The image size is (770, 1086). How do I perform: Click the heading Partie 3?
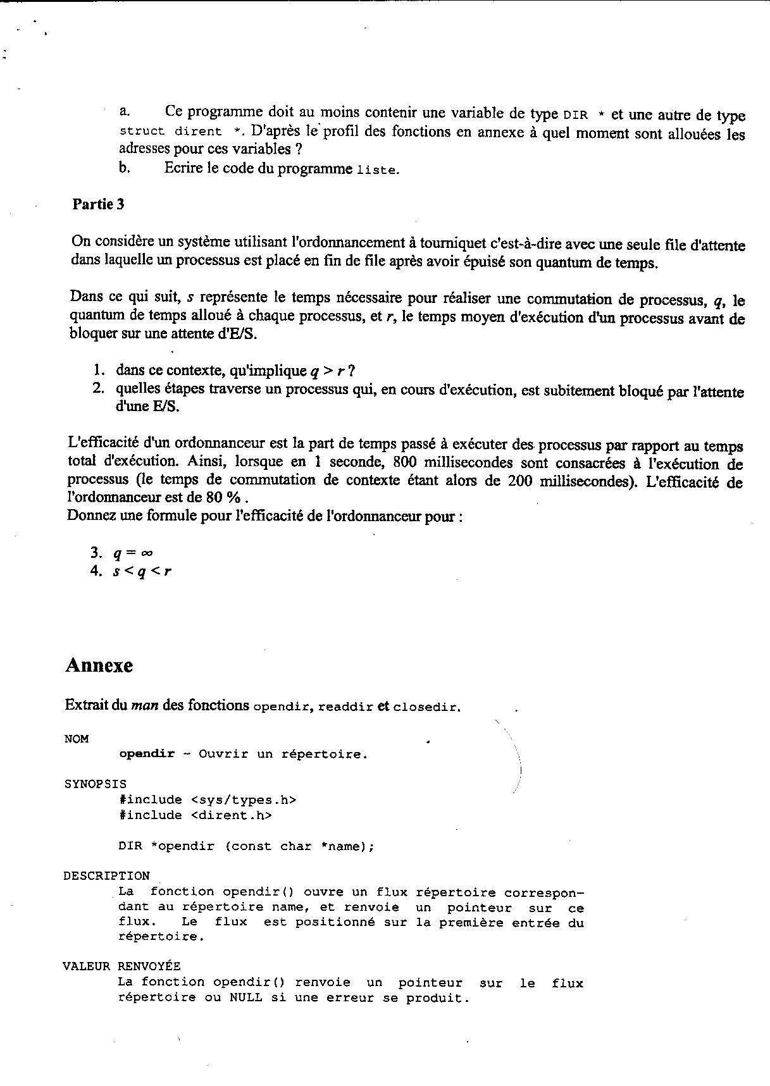click(98, 204)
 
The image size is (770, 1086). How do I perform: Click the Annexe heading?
click(99, 665)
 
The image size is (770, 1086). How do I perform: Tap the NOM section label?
click(77, 739)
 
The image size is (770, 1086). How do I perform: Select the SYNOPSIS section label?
click(95, 784)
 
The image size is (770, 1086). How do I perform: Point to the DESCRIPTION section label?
click(106, 876)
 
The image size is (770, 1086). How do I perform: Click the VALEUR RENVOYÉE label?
click(121, 966)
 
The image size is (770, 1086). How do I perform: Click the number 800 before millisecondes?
click(406, 462)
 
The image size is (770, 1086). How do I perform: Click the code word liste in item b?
click(377, 170)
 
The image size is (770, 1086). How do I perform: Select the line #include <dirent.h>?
click(195, 815)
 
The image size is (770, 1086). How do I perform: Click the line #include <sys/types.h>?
click(208, 800)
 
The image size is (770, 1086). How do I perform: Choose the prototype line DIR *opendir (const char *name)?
click(246, 846)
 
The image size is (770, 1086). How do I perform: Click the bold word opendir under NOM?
click(146, 754)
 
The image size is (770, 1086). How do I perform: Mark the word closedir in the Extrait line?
click(426, 707)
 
